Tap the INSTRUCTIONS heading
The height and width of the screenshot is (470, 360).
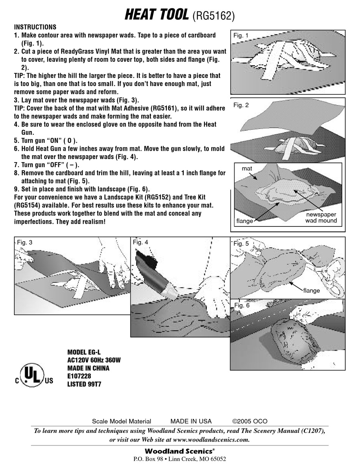pyautogui.click(x=35, y=27)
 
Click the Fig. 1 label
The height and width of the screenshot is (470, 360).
pyautogui.click(x=241, y=36)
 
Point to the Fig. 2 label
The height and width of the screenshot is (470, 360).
pyautogui.click(x=241, y=105)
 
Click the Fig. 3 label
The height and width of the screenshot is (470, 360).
pyautogui.click(x=25, y=242)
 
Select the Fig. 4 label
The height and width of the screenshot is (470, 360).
pyautogui.click(x=140, y=242)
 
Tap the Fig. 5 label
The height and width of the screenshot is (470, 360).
pyautogui.click(x=241, y=244)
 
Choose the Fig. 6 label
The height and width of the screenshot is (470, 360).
pyautogui.click(x=242, y=305)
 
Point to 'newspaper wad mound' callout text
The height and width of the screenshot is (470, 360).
pyautogui.click(x=321, y=217)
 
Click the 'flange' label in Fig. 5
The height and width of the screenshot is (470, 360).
pyautogui.click(x=311, y=290)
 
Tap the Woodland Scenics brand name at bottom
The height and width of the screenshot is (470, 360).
pyautogui.click(x=180, y=451)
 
